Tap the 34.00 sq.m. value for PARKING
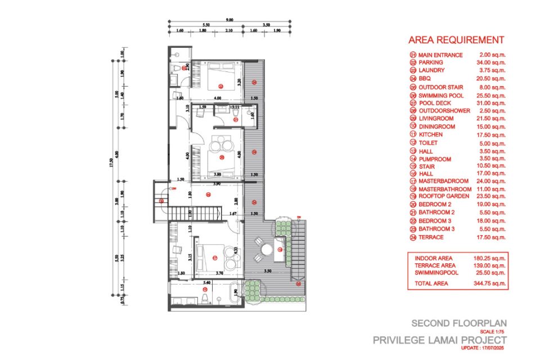pos(492,62)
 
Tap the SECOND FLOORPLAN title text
pos(459,323)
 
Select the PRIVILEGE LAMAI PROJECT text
pos(440,340)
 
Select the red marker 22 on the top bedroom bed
pos(220,86)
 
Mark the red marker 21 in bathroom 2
pos(236,119)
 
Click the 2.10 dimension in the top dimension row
pos(229,31)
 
